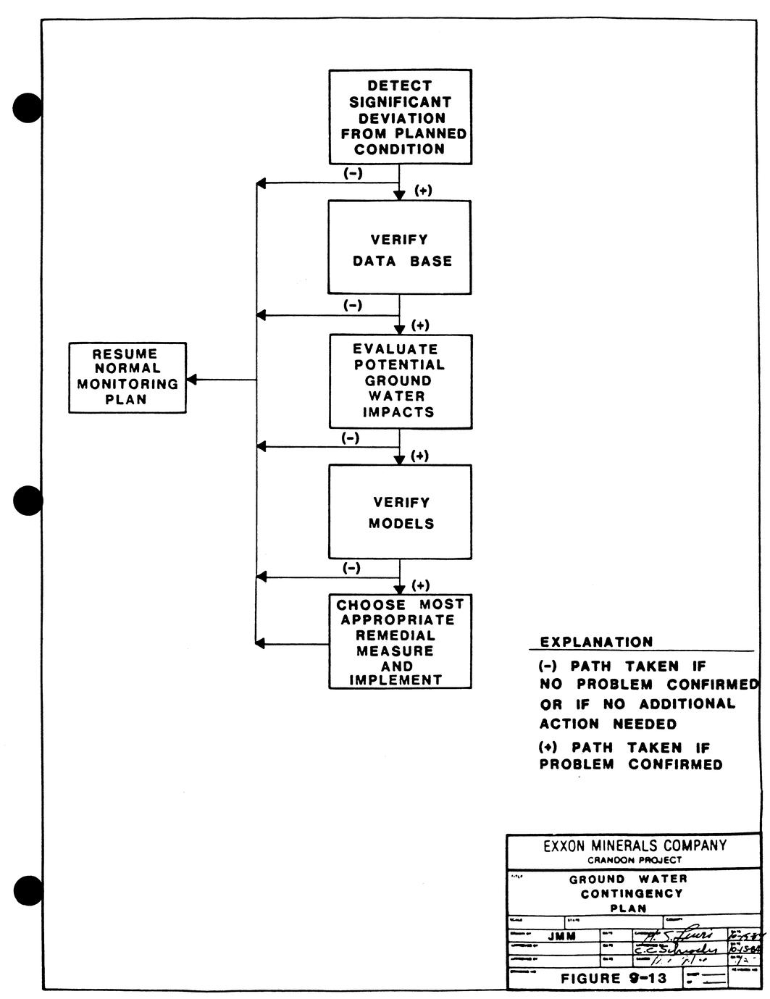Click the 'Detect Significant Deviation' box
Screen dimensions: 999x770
click(400, 117)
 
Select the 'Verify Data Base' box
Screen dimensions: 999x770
click(399, 247)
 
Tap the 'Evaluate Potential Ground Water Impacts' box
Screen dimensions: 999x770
click(400, 381)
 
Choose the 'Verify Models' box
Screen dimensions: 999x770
click(400, 511)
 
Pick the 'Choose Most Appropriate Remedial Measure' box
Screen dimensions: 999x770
click(400, 641)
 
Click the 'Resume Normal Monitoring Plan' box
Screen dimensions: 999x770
click(127, 377)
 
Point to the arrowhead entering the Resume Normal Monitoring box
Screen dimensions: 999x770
click(193, 380)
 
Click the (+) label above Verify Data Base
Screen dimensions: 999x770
click(423, 191)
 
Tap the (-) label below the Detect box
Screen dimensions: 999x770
click(353, 173)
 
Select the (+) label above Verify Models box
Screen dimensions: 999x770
click(420, 456)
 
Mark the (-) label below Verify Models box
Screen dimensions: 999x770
click(351, 568)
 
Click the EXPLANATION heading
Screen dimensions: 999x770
click(596, 642)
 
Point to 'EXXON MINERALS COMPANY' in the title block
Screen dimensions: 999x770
click(635, 845)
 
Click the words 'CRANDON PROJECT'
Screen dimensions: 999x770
click(635, 861)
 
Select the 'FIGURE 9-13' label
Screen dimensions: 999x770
click(612, 978)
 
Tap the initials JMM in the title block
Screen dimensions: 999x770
click(562, 936)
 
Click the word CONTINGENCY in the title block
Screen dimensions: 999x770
click(632, 894)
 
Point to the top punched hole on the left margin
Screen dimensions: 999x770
click(28, 107)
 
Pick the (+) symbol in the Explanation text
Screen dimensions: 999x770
click(548, 747)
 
